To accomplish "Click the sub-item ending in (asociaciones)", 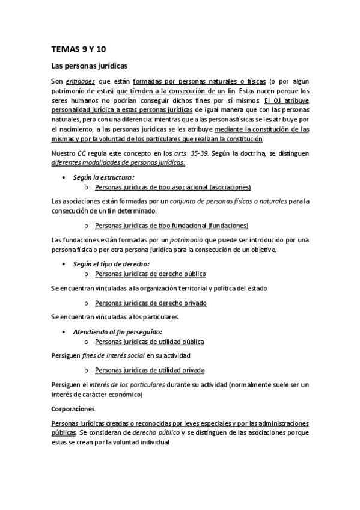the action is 173,188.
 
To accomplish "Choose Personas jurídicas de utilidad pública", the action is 150,342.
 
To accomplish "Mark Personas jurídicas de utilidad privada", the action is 150,370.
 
